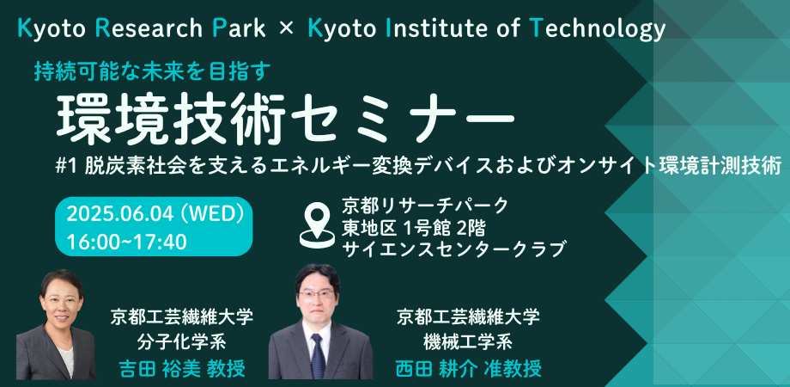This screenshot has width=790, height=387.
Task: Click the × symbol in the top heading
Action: pos(287,29)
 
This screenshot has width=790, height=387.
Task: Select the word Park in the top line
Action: pos(241,29)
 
